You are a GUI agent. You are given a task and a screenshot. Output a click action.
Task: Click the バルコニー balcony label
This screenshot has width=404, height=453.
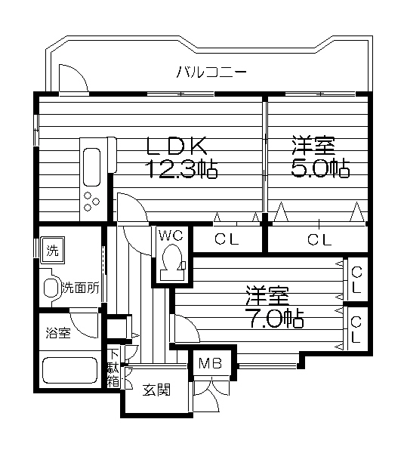[x=211, y=72]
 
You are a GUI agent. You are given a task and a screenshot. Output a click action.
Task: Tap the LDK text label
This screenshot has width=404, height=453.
[x=177, y=146]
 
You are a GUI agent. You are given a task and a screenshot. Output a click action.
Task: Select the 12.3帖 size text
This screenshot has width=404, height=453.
[x=181, y=168]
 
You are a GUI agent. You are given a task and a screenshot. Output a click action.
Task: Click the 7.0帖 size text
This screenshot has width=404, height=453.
[x=274, y=319]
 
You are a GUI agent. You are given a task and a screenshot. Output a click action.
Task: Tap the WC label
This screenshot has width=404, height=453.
[x=171, y=236]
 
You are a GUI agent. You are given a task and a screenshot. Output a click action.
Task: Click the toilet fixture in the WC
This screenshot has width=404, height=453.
[x=172, y=262]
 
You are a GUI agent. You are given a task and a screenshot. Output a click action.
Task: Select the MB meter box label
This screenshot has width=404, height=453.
[x=211, y=363]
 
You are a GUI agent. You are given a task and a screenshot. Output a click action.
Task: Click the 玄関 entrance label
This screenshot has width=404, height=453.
[x=156, y=390]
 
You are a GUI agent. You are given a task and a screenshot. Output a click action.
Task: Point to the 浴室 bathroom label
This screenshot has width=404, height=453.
[x=58, y=333]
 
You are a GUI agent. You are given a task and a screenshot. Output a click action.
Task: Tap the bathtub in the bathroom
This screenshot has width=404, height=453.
[x=69, y=371]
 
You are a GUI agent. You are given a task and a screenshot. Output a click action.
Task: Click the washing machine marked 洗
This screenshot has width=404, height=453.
[x=53, y=250]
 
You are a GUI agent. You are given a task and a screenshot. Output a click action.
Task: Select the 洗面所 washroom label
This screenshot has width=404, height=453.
[x=81, y=288]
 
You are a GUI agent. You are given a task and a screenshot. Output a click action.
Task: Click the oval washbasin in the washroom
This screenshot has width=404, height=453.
[x=50, y=288]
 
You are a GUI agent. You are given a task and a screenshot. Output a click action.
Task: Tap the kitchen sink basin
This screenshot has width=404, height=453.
[x=92, y=167]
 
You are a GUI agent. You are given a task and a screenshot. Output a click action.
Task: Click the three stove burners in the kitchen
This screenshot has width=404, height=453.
[x=91, y=201]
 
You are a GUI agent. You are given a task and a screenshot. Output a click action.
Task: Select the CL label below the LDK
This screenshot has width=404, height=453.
[x=227, y=239]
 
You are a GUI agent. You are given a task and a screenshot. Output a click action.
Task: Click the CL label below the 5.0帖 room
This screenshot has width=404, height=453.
[x=319, y=239]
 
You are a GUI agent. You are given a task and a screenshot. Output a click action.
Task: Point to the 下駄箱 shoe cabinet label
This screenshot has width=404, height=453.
[x=113, y=368]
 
